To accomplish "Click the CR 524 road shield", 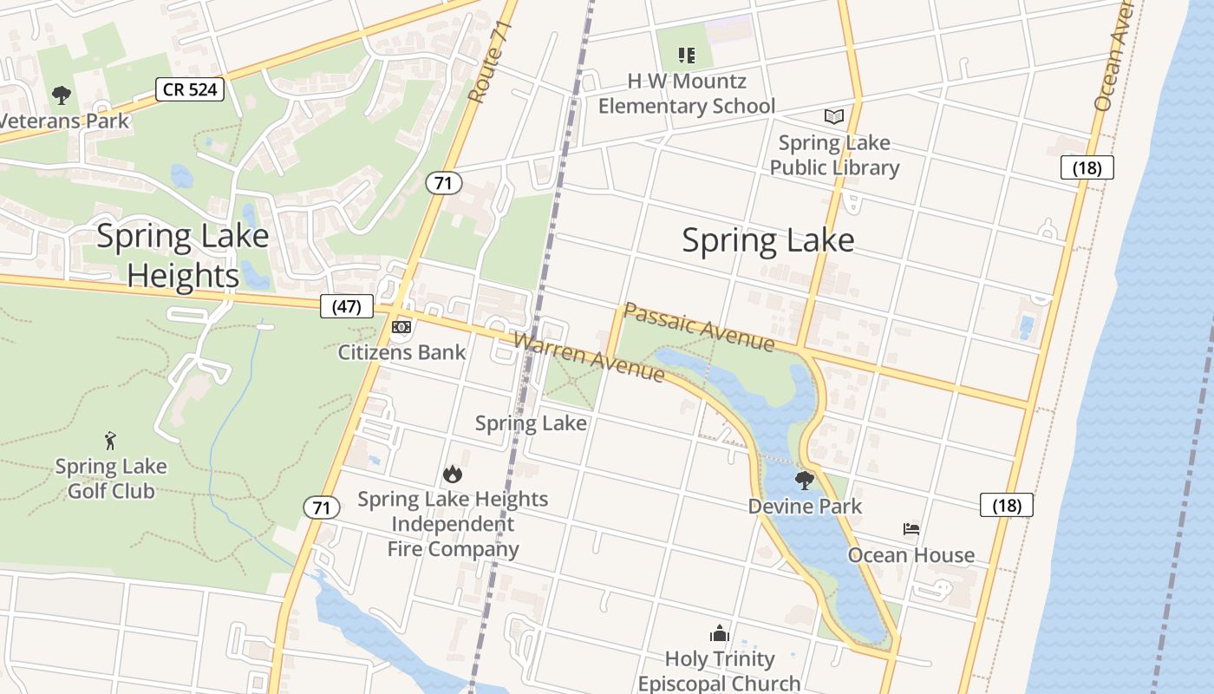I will coord(190,88).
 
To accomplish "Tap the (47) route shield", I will coord(346,305).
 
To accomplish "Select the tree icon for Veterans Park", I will coord(61,95).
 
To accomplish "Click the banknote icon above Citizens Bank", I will coord(401,327).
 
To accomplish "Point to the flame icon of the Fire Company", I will coord(452,474).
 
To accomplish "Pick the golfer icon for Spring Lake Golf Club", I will coord(110,441).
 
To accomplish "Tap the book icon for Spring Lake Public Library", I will coord(833,116).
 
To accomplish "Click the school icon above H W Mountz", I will coord(687,56).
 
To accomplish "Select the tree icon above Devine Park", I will coord(805,480).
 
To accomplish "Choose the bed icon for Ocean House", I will coord(910,528).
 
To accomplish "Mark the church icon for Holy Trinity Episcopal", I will coord(719,633).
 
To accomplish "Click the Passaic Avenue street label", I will coord(698,327).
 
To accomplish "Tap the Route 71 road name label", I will coord(490,63).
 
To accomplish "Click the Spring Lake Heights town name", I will coord(182,255).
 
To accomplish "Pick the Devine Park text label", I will coord(805,506).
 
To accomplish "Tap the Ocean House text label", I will coord(910,555).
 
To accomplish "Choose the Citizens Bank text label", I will coord(401,352).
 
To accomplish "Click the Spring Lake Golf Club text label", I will coord(111,479).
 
